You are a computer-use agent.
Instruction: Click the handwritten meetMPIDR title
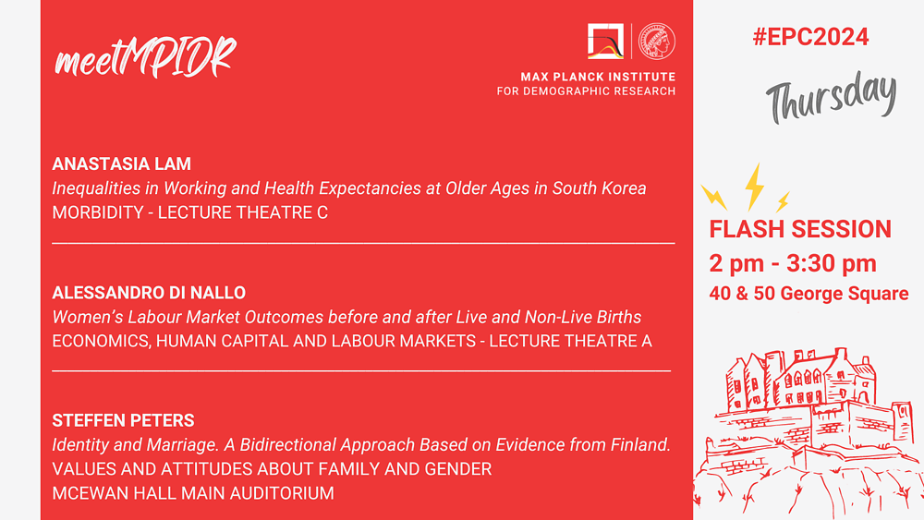[146, 57]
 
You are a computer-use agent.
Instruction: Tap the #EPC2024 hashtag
[810, 37]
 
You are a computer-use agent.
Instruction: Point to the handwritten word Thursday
[831, 97]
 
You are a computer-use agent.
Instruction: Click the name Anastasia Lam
[121, 163]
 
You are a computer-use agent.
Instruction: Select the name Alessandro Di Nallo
[149, 293]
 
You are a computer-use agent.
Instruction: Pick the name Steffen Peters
[123, 420]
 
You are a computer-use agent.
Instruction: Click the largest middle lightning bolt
[754, 187]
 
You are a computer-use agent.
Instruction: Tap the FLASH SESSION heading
[800, 229]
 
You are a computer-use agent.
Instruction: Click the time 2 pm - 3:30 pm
[793, 263]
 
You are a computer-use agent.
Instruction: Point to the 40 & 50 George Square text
[808, 294]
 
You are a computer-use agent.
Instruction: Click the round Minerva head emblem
[657, 42]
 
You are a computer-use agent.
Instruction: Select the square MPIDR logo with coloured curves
[605, 42]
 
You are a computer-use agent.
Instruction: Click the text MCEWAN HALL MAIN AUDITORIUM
[193, 493]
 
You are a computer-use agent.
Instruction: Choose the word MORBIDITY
[98, 212]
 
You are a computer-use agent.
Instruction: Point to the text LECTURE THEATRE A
[570, 341]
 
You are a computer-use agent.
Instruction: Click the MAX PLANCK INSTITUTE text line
[598, 77]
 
